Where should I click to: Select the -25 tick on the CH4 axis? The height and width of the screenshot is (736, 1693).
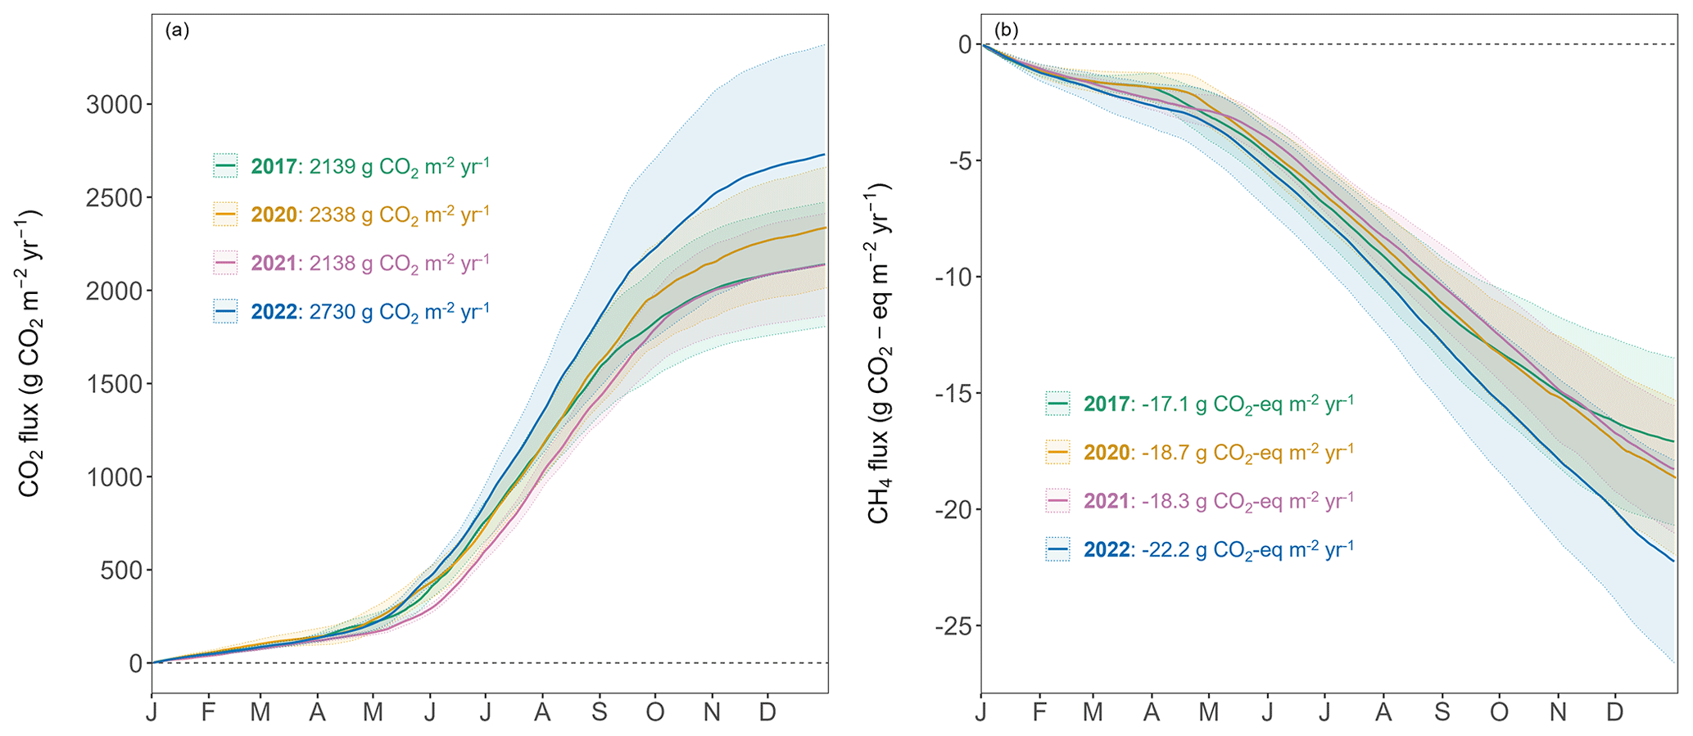pyautogui.click(x=953, y=627)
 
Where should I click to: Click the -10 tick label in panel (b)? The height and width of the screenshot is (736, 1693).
pyautogui.click(x=953, y=278)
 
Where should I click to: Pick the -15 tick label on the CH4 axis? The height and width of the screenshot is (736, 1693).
pyautogui.click(x=953, y=395)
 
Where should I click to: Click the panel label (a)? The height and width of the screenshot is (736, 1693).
pyautogui.click(x=177, y=30)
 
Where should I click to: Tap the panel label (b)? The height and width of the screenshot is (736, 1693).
pyautogui.click(x=1006, y=30)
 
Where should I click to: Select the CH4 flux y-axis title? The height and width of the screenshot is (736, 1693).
pyautogui.click(x=879, y=354)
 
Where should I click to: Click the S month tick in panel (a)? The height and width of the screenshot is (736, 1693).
pyautogui.click(x=600, y=712)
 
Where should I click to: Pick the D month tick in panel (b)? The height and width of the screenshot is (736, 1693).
pyautogui.click(x=1614, y=712)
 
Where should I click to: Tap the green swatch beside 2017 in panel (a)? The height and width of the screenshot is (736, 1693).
pyautogui.click(x=225, y=166)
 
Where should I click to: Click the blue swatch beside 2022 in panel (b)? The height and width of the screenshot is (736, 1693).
pyautogui.click(x=1057, y=549)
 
